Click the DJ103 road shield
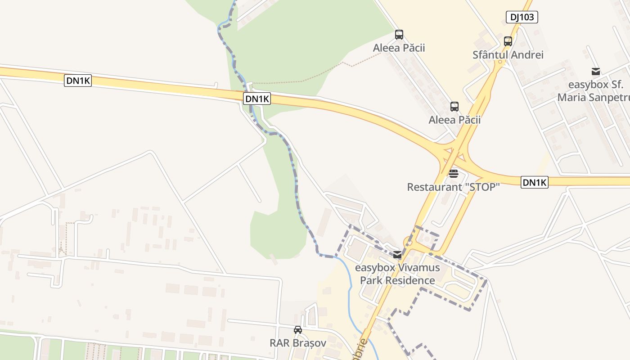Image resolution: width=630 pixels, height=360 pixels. coord(522,17)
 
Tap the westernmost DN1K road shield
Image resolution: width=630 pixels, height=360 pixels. coord(78,81)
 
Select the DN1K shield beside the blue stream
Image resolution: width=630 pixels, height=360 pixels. coord(257,99)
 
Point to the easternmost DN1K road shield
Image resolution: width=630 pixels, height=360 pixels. coord(535,182)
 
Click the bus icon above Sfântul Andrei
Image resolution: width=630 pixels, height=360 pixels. coord(508,41)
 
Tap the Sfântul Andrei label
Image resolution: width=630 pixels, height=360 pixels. coord(508,55)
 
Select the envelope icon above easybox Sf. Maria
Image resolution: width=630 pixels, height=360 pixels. coord(596,72)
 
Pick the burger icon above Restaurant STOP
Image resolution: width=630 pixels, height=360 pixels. coord(453,173)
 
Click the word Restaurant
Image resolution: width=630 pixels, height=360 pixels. coord(427,187)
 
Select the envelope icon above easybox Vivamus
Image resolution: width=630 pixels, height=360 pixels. coord(397,255)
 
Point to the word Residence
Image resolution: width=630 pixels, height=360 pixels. coord(412,280)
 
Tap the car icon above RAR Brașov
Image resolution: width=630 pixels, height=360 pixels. coord(298,330)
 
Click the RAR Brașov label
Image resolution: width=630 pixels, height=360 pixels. coord(298,343)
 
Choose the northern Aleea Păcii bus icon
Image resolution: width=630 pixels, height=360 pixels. coord(399,35)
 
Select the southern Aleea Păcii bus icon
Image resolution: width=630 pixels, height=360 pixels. coord(454,107)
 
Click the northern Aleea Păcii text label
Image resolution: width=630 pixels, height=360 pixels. coord(399,48)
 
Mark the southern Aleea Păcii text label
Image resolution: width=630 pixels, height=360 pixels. coord(454,120)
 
